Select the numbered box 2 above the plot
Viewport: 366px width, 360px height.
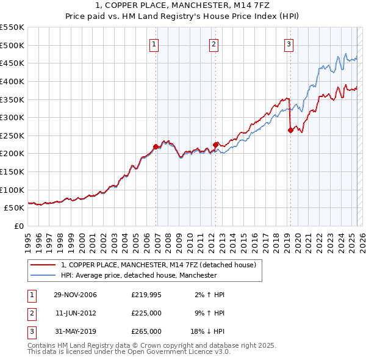pos(214,43)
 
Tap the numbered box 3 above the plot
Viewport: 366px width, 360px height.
pos(288,43)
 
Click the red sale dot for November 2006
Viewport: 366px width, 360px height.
pos(156,146)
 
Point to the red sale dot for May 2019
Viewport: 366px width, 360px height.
pos(291,130)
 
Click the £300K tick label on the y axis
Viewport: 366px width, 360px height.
pos(12,117)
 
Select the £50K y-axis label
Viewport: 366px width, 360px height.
pos(14,208)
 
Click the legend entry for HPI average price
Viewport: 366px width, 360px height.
pos(138,275)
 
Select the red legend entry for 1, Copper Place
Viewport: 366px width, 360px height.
pos(162,265)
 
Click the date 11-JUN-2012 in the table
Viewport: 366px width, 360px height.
pos(75,314)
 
